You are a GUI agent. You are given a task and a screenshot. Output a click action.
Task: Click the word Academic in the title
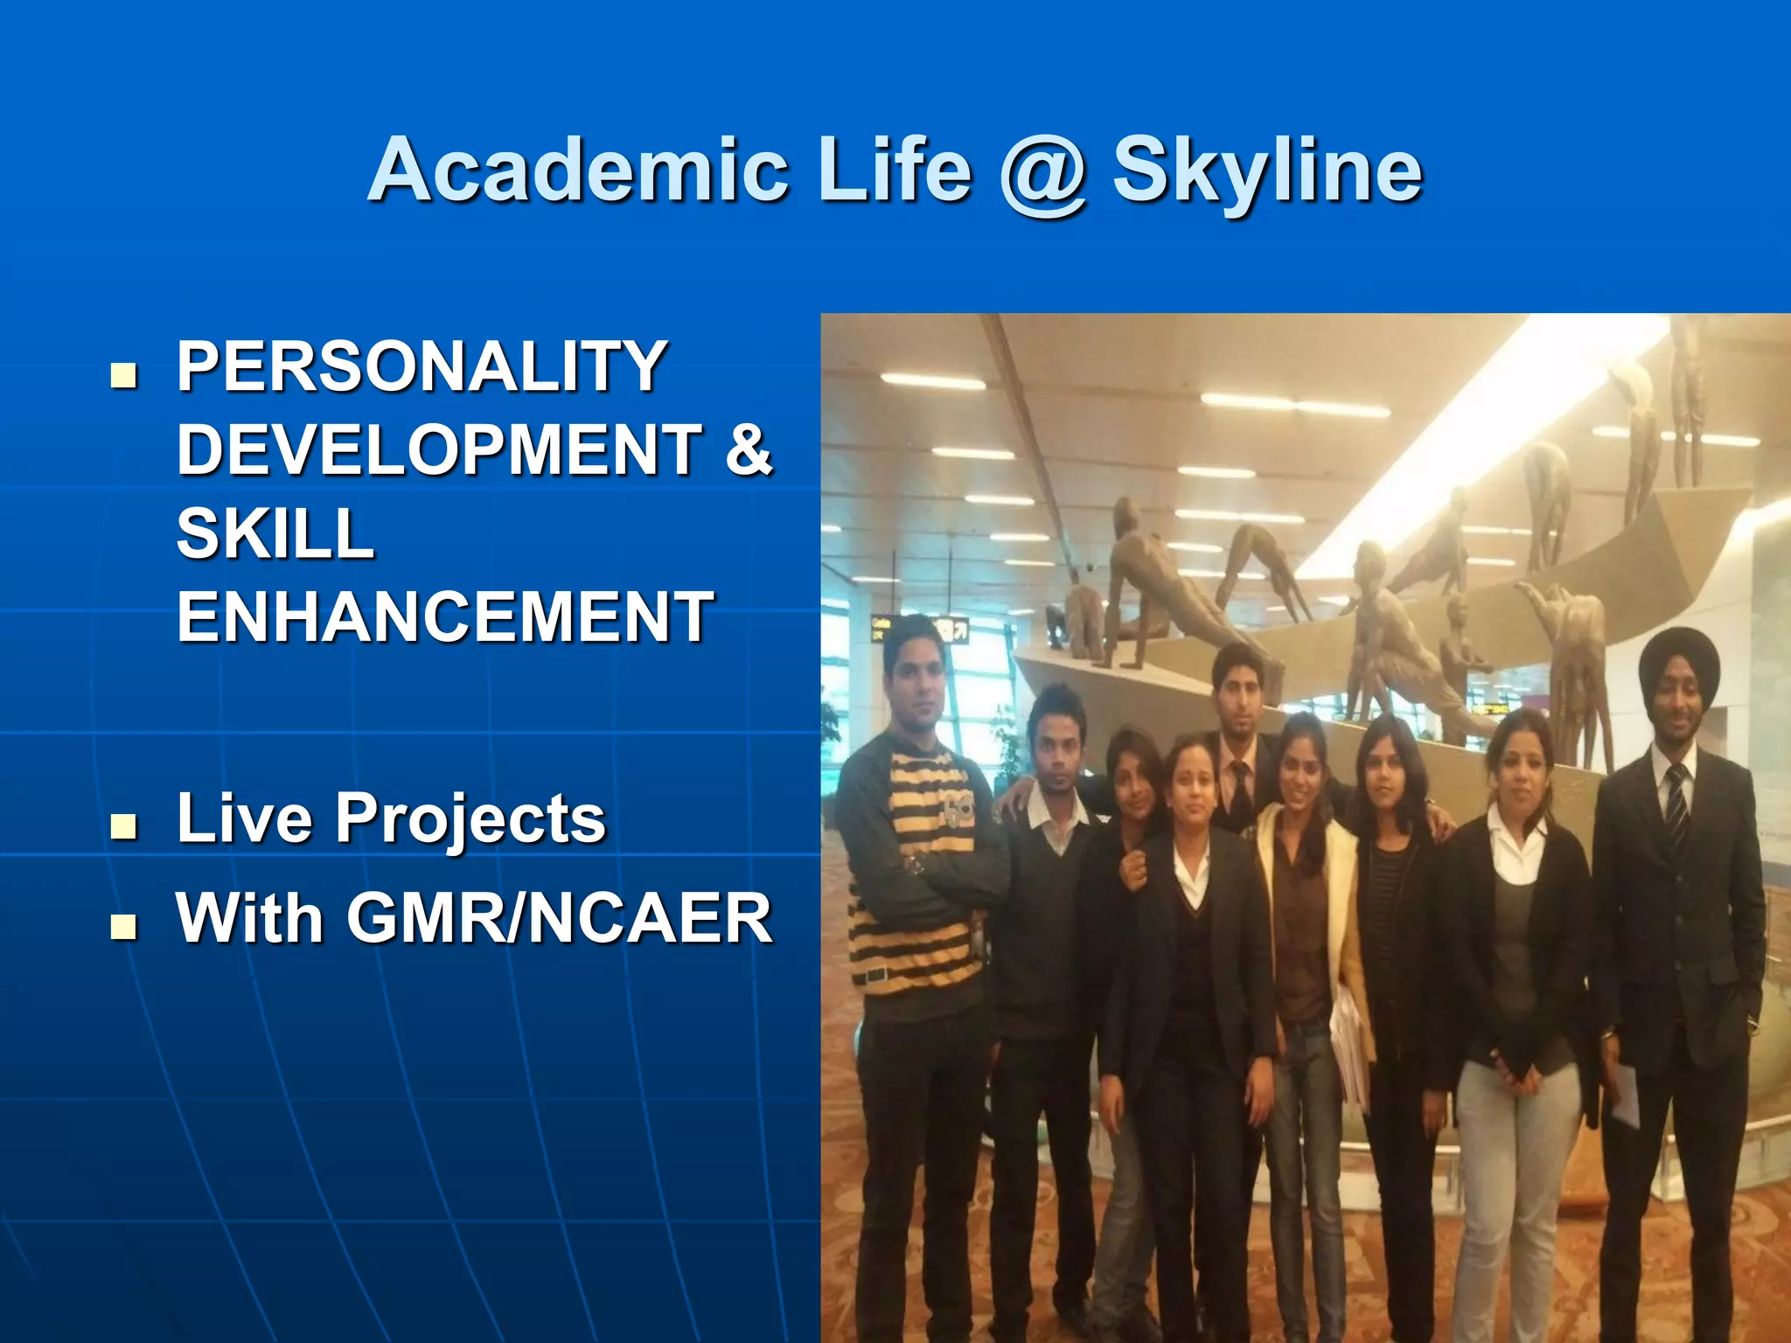click(578, 170)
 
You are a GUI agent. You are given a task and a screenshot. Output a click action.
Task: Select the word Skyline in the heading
click(1267, 172)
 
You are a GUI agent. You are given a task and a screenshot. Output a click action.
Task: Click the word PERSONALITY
click(422, 367)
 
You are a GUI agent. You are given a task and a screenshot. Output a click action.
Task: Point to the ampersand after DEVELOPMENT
click(749, 449)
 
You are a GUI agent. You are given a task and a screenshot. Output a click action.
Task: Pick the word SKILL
click(275, 533)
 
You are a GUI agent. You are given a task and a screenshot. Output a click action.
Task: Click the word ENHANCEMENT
click(445, 617)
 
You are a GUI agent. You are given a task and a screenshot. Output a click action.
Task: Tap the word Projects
click(470, 819)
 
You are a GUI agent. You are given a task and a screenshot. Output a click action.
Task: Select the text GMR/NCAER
click(560, 919)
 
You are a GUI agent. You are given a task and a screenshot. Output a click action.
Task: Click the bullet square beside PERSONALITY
click(124, 375)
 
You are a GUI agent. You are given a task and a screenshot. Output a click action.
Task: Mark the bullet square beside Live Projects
click(124, 826)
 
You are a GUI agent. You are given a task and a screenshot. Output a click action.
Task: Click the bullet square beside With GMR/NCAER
click(124, 926)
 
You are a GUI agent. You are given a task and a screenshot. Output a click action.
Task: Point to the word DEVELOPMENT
click(439, 449)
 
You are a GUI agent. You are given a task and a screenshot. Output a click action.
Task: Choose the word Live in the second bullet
click(244, 819)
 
